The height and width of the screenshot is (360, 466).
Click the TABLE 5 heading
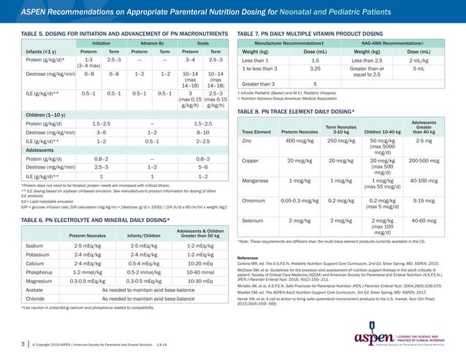pos(95,34)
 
